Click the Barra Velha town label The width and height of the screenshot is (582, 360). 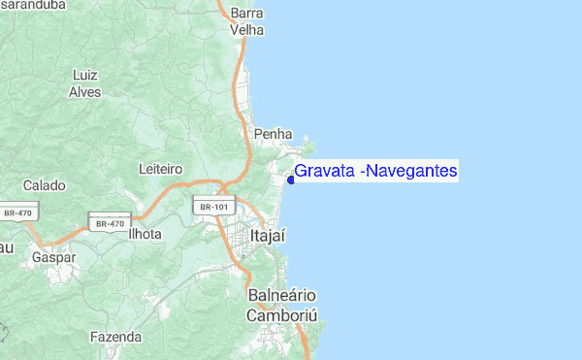[x=248, y=21]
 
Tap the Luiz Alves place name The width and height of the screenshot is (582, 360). [x=85, y=83]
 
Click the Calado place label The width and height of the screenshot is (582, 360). [x=45, y=184]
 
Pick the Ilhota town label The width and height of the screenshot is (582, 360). [x=145, y=234]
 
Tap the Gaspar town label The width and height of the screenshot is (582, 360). [x=53, y=258]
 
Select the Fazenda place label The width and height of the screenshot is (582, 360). [x=115, y=338]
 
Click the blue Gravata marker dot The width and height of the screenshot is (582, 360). [x=291, y=179]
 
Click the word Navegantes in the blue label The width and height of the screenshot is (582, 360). [x=412, y=172]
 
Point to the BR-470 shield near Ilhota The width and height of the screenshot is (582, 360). [x=111, y=223]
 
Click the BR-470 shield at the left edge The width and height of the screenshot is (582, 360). [x=16, y=213]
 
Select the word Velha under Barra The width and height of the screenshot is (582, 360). [x=247, y=30]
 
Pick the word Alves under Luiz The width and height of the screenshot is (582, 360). [x=85, y=92]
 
